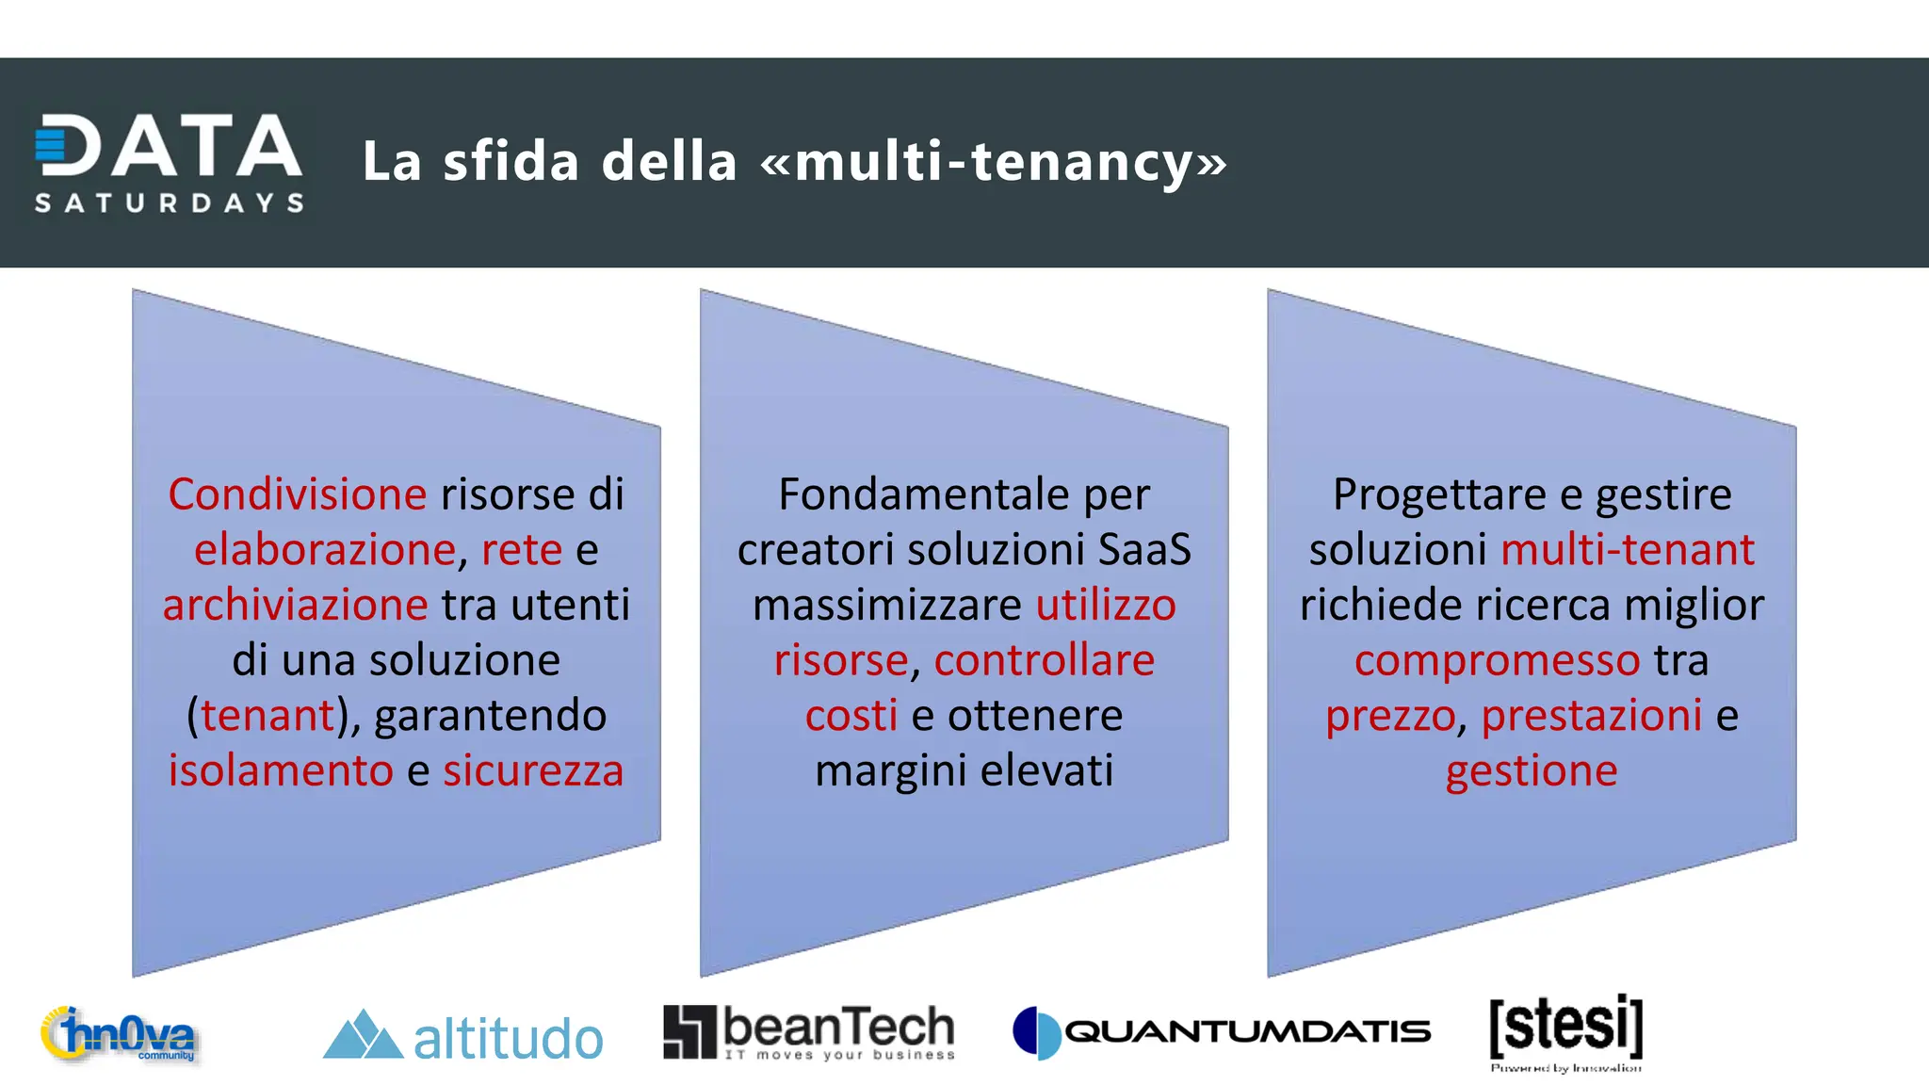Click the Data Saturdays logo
click(170, 162)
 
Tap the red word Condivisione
click(297, 494)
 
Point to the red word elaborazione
click(325, 549)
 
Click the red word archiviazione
click(295, 605)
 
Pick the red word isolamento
click(281, 770)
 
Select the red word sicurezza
click(533, 770)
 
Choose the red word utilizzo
click(1106, 605)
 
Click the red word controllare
click(1044, 660)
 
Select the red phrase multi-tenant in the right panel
click(1628, 549)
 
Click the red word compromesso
click(1497, 660)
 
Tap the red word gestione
click(1532, 770)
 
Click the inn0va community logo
click(119, 1034)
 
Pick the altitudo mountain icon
click(363, 1035)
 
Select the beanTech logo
click(809, 1032)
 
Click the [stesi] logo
click(1565, 1030)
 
